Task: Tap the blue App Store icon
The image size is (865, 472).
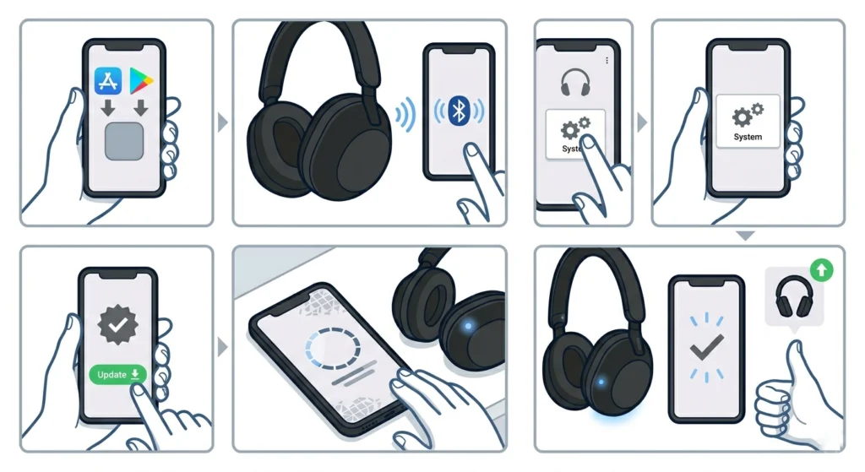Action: [x=109, y=80]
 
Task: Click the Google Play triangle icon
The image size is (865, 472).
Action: [x=142, y=80]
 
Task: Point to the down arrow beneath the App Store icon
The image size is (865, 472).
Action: [x=109, y=108]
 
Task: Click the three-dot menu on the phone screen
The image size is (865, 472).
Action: [x=607, y=61]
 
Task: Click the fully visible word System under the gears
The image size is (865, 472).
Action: [x=748, y=137]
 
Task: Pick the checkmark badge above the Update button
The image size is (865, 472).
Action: [x=116, y=324]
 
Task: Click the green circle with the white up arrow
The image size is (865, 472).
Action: [x=820, y=271]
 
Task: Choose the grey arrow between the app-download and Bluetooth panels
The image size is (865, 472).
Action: [x=222, y=122]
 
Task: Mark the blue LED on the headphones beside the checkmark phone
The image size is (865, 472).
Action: [x=601, y=382]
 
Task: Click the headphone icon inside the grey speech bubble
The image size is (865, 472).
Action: [x=794, y=295]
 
